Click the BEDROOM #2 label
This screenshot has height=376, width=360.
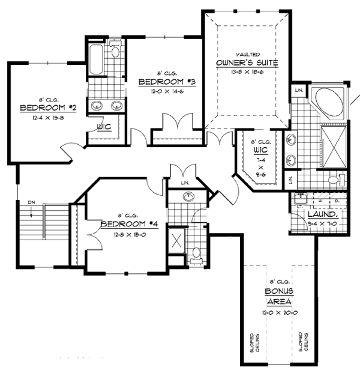[x=46, y=108]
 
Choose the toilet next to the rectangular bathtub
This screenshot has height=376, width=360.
[x=115, y=50]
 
